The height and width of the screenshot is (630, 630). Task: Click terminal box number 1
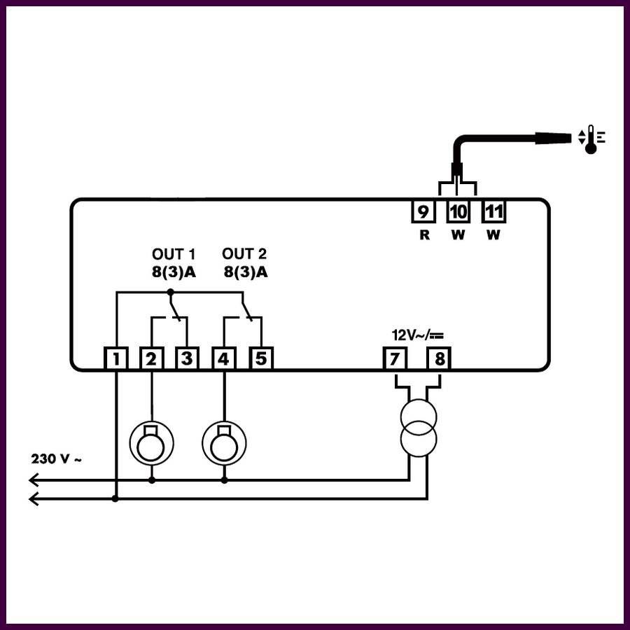tap(116, 358)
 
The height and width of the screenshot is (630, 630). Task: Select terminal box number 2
tap(151, 358)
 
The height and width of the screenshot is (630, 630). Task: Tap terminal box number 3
tap(187, 358)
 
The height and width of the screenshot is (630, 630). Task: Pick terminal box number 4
tap(224, 358)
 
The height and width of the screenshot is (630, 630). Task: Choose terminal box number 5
tap(261, 358)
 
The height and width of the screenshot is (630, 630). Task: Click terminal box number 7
tap(395, 358)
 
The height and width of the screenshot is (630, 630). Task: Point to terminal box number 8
tap(439, 358)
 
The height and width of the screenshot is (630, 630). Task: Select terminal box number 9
tap(423, 211)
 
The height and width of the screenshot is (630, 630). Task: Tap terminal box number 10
tap(458, 211)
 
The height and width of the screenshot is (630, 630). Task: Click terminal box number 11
tap(493, 211)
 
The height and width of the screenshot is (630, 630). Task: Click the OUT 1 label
tap(174, 254)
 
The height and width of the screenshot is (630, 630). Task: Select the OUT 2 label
tap(244, 254)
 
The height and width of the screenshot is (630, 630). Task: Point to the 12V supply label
tap(418, 335)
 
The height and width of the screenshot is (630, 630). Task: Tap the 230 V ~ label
tap(56, 458)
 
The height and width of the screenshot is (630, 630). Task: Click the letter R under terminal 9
tap(424, 235)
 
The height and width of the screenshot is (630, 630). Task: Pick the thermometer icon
tap(591, 139)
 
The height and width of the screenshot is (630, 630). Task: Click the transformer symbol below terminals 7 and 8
tap(419, 428)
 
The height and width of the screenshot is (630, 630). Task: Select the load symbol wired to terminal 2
tap(151, 443)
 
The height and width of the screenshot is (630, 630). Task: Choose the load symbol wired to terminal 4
tap(224, 443)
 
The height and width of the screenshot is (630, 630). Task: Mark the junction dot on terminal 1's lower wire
tap(115, 498)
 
